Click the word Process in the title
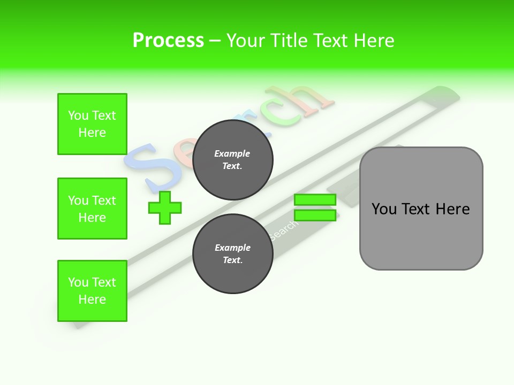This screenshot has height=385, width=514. (x=168, y=41)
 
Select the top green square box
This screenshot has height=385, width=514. (x=92, y=124)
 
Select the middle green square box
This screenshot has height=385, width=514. (x=92, y=209)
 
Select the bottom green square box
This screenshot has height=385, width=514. (x=92, y=291)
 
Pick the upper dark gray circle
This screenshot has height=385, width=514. (x=233, y=160)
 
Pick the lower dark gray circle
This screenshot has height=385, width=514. (x=233, y=254)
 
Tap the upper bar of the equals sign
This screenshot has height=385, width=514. (x=315, y=199)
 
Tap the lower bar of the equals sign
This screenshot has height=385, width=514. (x=315, y=215)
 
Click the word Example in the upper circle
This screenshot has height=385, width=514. (x=232, y=153)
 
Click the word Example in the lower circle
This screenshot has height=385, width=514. (x=232, y=248)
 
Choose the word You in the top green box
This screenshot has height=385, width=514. (x=78, y=115)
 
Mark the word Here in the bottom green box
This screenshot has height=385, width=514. (x=92, y=299)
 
